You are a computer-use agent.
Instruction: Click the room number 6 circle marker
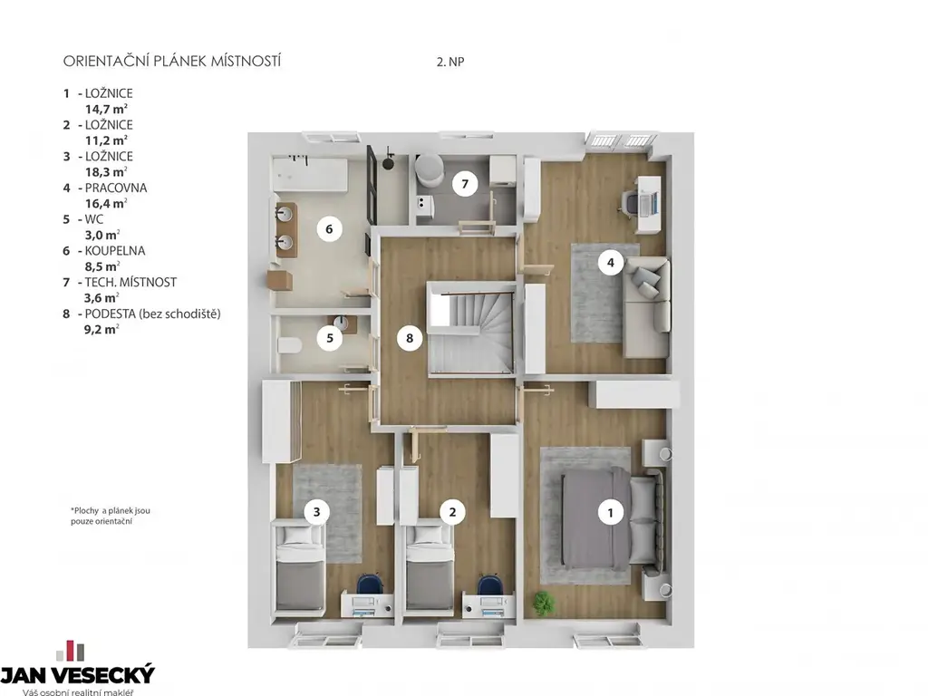tap(329, 228)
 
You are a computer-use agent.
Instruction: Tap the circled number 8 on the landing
tap(410, 338)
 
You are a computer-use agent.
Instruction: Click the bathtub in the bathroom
tap(310, 173)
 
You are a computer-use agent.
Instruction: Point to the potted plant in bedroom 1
tap(544, 603)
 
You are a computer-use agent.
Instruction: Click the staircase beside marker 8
tap(470, 328)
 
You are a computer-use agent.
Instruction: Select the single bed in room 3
tap(300, 568)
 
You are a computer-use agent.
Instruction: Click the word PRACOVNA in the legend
tap(116, 188)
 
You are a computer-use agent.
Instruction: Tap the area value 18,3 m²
tap(107, 172)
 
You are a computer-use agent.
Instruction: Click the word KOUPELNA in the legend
tap(115, 250)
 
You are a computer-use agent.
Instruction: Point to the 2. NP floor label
tap(450, 62)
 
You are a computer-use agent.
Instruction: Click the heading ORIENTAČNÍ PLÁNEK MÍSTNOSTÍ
tap(171, 61)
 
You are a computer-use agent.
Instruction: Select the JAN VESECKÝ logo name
tap(78, 674)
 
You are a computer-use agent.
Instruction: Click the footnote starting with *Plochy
tap(110, 516)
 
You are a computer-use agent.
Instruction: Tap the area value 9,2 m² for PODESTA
tap(101, 330)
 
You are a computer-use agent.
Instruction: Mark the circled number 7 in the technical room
tap(465, 184)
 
